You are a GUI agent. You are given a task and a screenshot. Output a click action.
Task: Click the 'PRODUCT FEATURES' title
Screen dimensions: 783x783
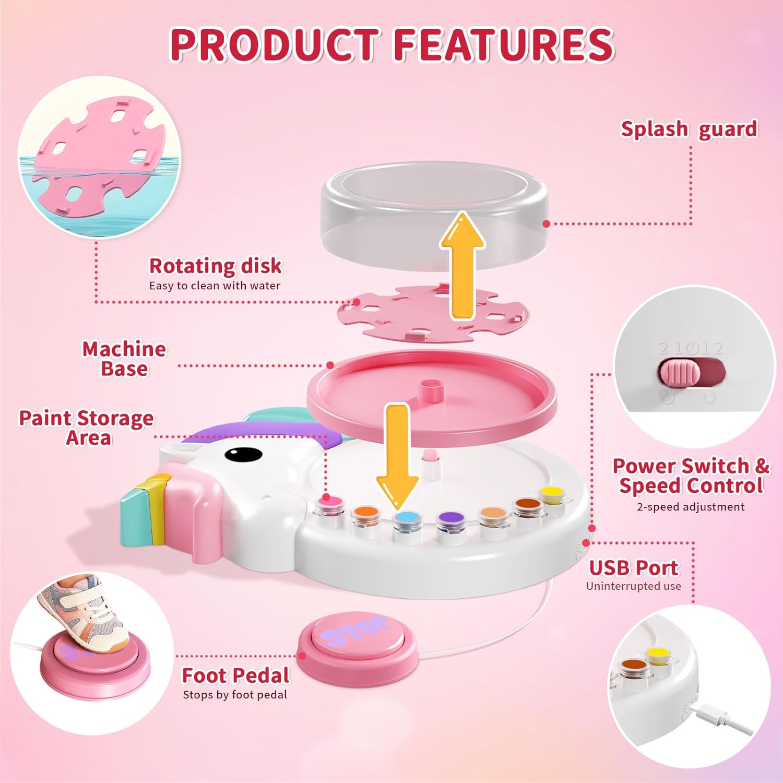pos(392,44)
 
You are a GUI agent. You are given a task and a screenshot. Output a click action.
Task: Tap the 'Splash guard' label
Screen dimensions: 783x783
pos(689,129)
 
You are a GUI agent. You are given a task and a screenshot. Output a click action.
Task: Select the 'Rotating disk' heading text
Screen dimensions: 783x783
pos(215,266)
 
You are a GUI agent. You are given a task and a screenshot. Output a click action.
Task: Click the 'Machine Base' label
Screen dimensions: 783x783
pos(124,359)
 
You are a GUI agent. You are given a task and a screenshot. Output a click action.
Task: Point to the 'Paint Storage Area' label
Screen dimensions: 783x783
pos(87,428)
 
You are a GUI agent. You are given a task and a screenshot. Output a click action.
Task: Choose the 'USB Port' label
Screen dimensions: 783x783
pos(633,567)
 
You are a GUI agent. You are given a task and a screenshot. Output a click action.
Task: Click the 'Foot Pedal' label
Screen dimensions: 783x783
pos(235,675)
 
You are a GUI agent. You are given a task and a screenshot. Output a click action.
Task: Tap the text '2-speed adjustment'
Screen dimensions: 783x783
pos(691,507)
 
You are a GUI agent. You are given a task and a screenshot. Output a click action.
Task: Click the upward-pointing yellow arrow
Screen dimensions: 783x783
pos(462,266)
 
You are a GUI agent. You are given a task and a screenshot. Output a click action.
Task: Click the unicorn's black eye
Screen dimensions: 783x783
pos(243,454)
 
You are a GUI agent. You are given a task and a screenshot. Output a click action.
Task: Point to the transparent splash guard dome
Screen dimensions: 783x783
pos(435,215)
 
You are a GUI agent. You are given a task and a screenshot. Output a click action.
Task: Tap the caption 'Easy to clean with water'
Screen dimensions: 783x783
pos(215,286)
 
